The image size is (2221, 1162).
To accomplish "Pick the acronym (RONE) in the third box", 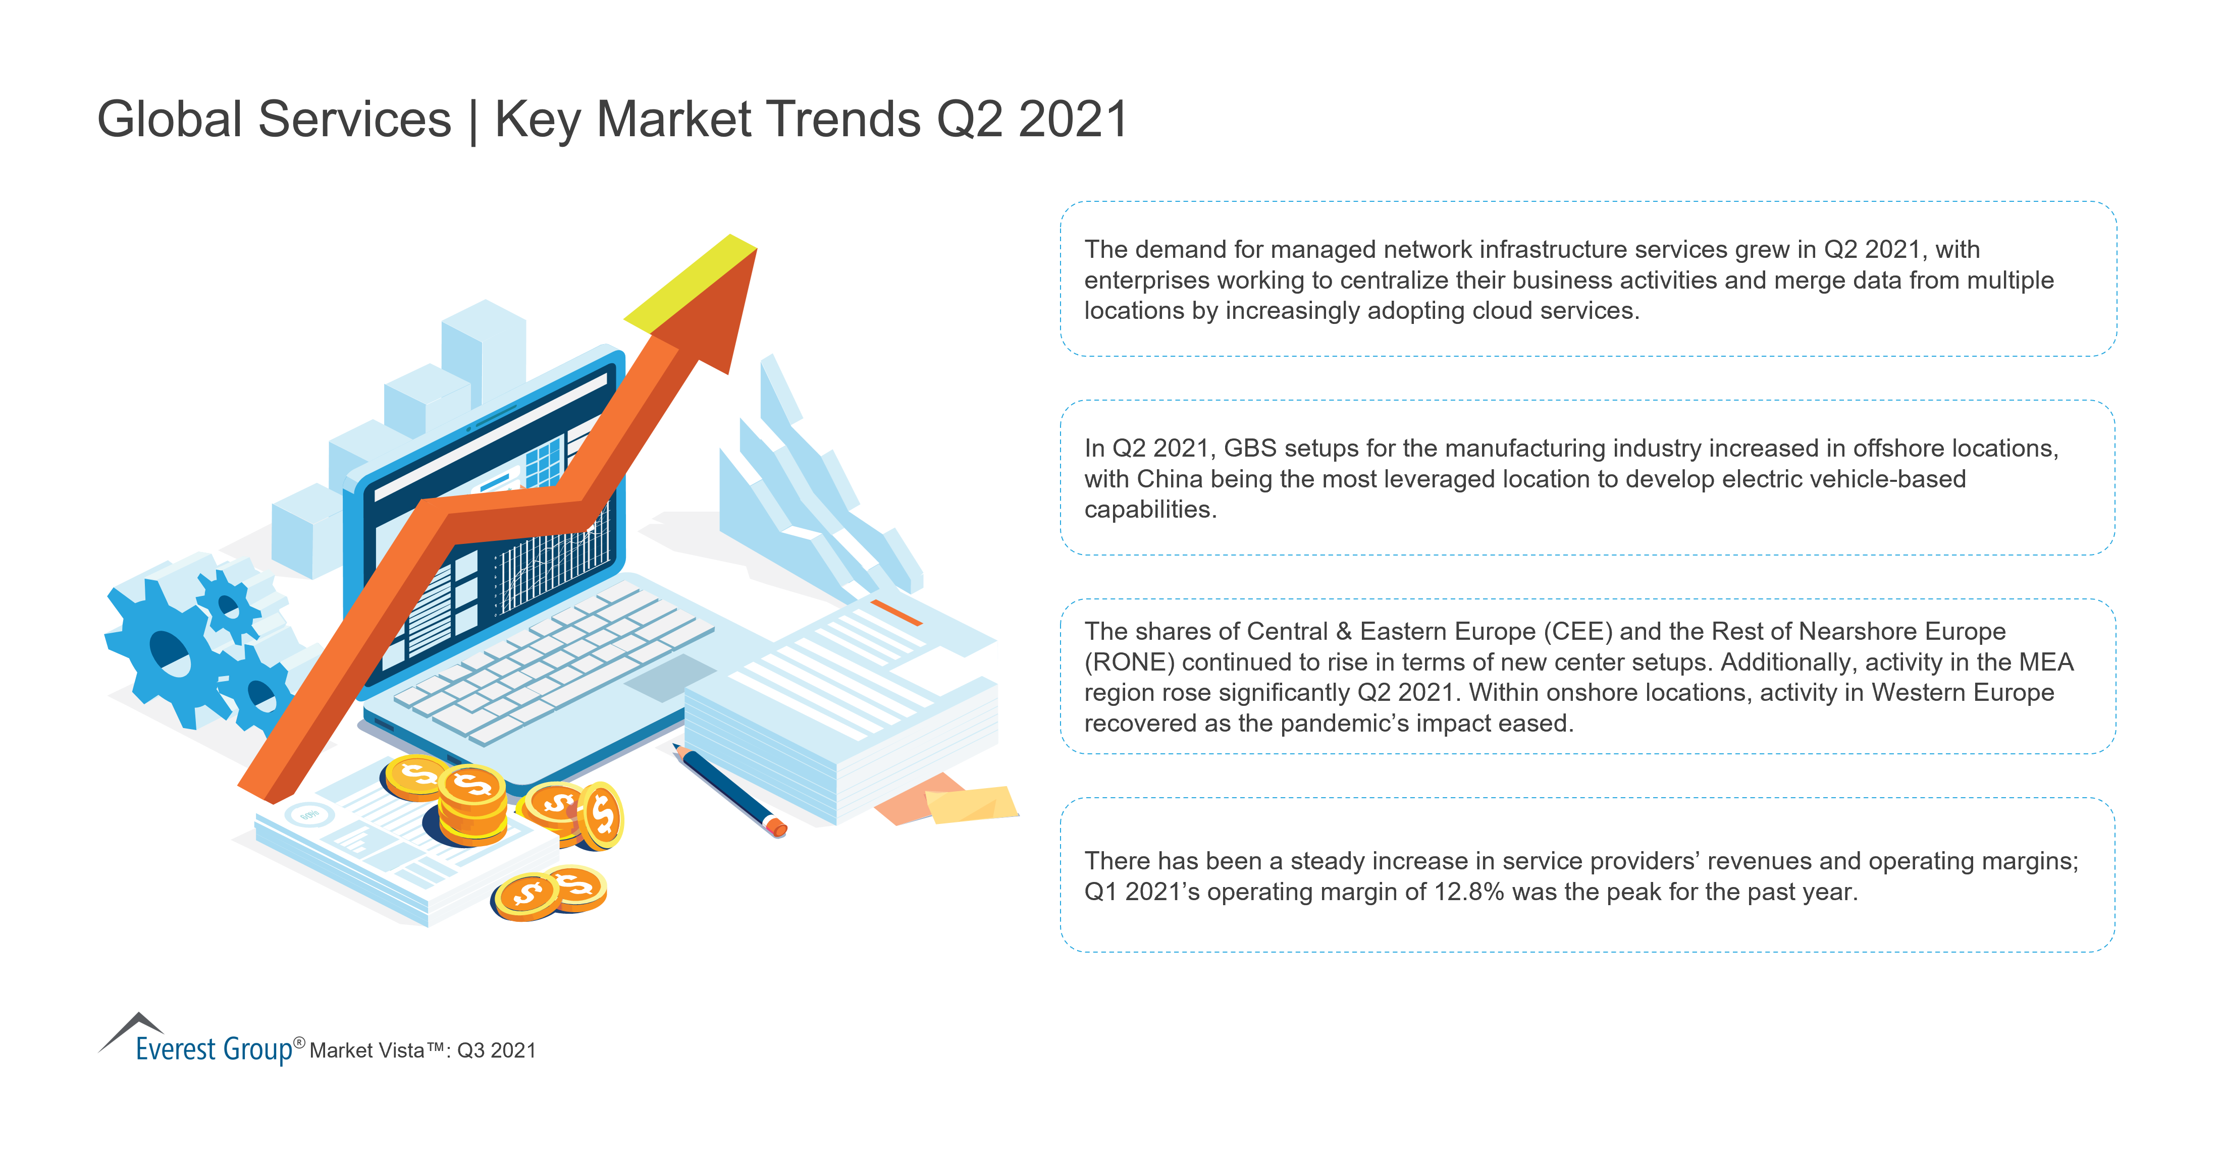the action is click(x=1130, y=662).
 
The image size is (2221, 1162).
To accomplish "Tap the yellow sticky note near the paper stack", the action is click(x=971, y=803).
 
